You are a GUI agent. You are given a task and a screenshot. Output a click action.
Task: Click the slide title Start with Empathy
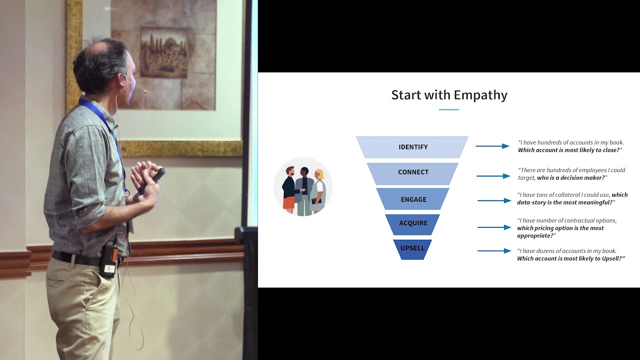449,95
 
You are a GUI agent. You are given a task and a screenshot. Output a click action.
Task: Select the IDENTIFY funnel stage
412,147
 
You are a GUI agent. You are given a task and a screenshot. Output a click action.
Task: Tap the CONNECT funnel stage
413,172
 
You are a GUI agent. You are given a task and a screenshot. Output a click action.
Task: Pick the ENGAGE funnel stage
413,199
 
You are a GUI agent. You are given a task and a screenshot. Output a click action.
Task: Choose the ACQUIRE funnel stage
413,223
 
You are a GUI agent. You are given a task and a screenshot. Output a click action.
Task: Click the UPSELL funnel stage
412,248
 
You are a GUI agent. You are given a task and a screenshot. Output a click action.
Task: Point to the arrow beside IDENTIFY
492,146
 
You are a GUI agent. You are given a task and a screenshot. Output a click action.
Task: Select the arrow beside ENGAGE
494,200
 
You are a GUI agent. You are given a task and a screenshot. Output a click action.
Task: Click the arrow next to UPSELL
494,250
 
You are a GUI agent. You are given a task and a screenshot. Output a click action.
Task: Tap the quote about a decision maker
571,174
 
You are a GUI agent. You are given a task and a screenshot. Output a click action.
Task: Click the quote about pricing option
566,228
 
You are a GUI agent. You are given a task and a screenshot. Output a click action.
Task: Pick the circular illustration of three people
303,186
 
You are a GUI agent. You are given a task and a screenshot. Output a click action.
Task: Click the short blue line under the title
448,109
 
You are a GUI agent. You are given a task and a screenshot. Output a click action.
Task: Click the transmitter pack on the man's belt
109,260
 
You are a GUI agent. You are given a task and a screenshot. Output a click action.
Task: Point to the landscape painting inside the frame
163,53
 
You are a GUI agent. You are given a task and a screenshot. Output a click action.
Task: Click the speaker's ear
123,80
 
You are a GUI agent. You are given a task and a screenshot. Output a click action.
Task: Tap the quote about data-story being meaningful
571,198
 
